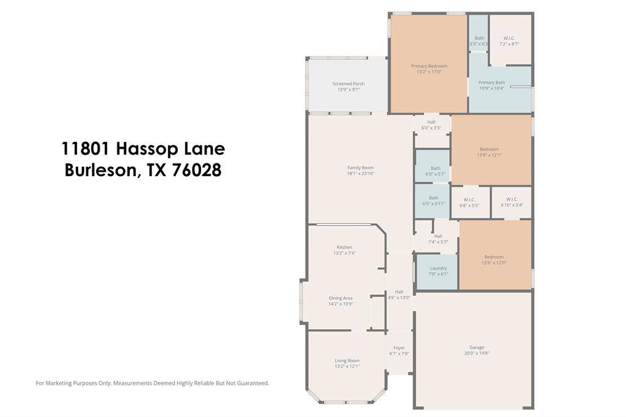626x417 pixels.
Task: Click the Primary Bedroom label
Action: click(429, 66)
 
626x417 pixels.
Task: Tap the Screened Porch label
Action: click(348, 84)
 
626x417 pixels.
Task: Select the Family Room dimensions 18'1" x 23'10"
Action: click(360, 174)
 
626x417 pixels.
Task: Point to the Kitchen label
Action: click(344, 247)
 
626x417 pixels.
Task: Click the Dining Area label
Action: click(341, 298)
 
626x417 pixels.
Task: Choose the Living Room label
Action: click(347, 361)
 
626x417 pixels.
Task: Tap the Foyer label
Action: click(399, 348)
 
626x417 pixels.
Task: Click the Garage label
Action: click(476, 347)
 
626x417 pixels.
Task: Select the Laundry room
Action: click(438, 271)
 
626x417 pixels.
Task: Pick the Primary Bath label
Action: click(492, 83)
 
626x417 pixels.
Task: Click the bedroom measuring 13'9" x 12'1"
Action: click(489, 152)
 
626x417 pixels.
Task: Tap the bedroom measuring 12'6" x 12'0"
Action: click(494, 260)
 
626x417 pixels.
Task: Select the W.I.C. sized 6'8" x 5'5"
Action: click(469, 202)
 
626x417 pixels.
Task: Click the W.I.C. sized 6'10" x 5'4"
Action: click(512, 202)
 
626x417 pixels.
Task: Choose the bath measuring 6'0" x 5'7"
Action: click(435, 171)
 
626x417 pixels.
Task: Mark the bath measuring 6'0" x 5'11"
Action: click(433, 201)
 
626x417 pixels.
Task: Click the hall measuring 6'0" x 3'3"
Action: click(431, 125)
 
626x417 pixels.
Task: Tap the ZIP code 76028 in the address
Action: click(196, 171)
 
